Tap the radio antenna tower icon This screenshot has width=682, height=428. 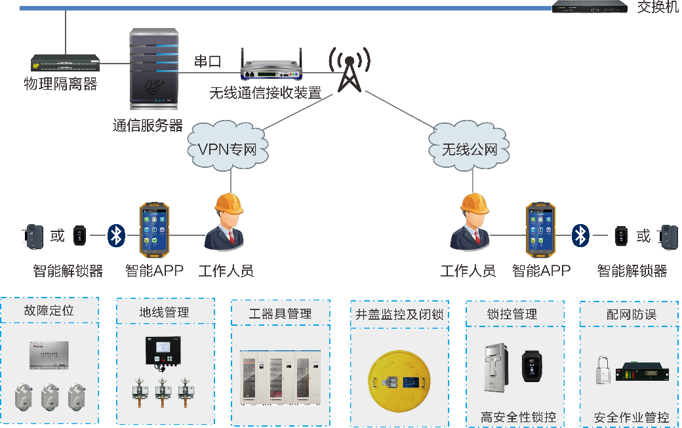pos(348,69)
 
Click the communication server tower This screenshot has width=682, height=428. pos(154,69)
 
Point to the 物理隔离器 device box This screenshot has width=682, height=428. pos(65,63)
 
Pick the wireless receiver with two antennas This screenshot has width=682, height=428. pos(272,66)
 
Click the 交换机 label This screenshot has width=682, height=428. pos(658,7)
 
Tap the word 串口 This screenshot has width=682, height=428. pos(207,62)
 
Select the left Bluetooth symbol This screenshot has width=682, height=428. pos(116,235)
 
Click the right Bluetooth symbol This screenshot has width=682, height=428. pos(580,235)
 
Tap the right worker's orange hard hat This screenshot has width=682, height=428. pos(474,204)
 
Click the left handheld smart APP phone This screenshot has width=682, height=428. pos(154,230)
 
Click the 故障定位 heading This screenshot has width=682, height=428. pos(49,311)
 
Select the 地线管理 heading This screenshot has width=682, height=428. pos(164,312)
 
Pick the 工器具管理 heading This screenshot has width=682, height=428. pos(280,313)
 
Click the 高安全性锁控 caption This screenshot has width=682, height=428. pos(518,417)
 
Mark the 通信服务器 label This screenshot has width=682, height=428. pos(148,126)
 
